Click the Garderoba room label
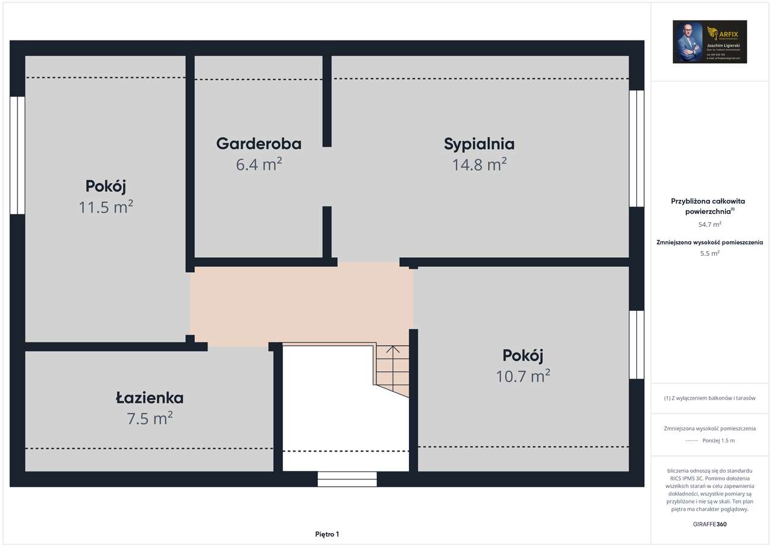pos(259,144)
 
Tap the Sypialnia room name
pos(479,144)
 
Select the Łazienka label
pos(150,398)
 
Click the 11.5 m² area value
pos(106,207)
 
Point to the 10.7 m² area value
pos(522,376)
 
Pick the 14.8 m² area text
pos(479,164)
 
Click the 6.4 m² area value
pos(259,164)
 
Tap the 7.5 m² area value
pos(150,418)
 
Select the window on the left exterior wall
pos(17,155)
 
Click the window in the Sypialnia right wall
pos(636,149)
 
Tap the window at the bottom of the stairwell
pos(347,479)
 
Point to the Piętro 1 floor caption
pos(327,534)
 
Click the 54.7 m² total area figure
pos(710,225)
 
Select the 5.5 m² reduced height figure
pos(710,254)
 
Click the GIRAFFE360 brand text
pos(710,524)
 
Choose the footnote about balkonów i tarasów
pos(710,398)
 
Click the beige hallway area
pos(302,305)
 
